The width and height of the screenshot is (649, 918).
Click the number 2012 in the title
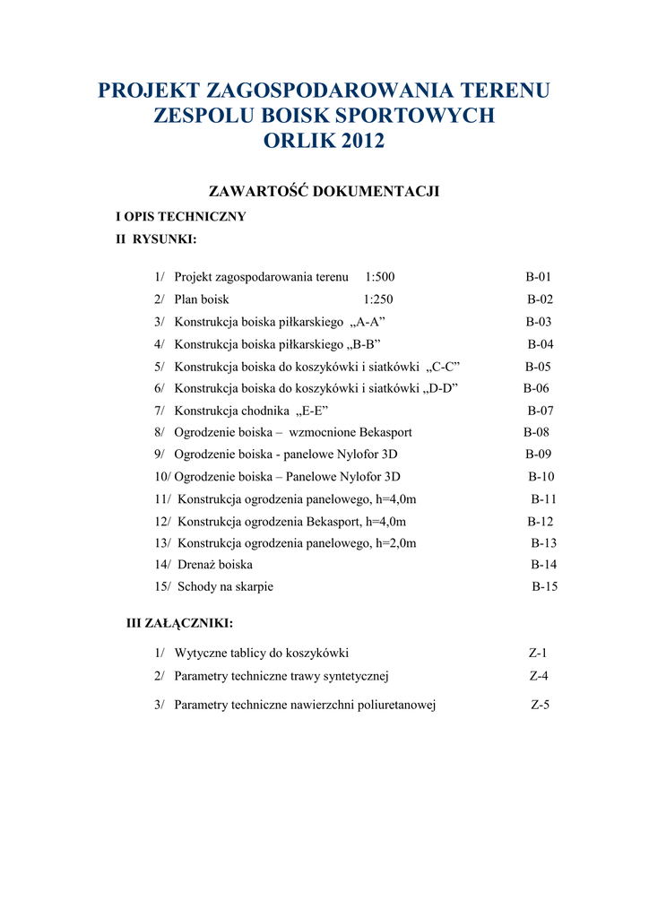click(358, 141)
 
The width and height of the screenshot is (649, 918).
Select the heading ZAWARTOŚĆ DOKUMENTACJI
click(324, 192)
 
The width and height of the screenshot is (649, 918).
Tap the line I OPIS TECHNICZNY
click(181, 217)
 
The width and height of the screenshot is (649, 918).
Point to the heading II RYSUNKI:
click(156, 239)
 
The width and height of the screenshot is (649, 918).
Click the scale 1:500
click(380, 277)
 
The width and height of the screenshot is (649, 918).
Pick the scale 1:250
click(378, 299)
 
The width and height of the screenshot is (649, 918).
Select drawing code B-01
click(539, 277)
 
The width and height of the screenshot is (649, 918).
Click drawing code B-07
click(541, 411)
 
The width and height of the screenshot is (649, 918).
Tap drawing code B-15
click(545, 587)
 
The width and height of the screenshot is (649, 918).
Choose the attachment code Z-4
click(539, 676)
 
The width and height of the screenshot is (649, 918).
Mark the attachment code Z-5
click(540, 706)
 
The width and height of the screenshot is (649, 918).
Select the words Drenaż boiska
click(215, 565)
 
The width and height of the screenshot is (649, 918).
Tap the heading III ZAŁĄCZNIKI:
click(179, 623)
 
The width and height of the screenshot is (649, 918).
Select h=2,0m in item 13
click(396, 543)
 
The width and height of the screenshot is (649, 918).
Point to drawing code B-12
click(541, 521)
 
